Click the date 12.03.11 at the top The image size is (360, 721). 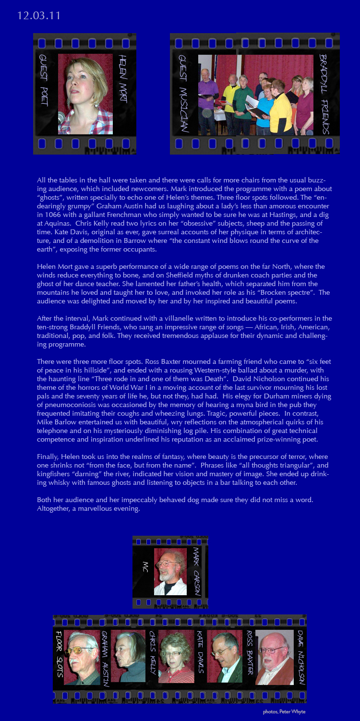39,15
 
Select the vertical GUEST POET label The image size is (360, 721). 44,80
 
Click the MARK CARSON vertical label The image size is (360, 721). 197,571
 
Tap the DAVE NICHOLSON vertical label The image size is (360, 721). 300,657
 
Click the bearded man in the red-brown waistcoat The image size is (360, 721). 274,658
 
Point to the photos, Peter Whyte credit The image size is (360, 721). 284,711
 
